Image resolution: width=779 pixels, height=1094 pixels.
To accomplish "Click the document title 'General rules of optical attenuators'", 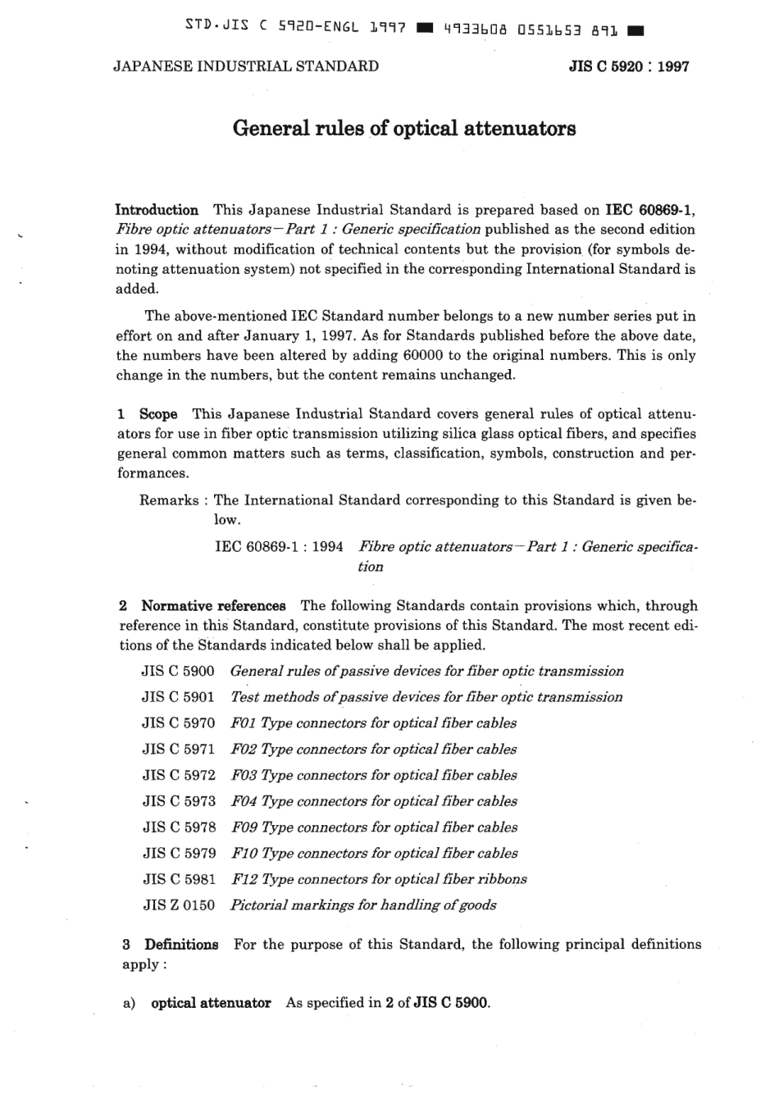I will pyautogui.click(x=404, y=129).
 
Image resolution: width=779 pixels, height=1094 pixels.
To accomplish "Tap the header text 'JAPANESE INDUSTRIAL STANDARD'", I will pyautogui.click(x=246, y=66).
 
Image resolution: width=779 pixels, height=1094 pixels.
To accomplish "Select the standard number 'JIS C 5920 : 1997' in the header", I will pyautogui.click(x=629, y=66).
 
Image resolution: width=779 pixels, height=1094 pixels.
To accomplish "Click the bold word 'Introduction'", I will pyautogui.click(x=157, y=210).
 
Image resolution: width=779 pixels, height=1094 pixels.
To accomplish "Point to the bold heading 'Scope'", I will pyautogui.click(x=158, y=414).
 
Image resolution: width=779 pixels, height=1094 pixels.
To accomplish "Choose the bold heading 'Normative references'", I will pyautogui.click(x=213, y=606).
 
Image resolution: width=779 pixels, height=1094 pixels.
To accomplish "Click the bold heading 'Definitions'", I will pyautogui.click(x=181, y=944).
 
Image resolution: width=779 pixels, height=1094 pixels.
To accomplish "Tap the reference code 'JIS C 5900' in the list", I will pyautogui.click(x=178, y=671).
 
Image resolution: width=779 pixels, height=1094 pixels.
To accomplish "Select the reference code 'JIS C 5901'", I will pyautogui.click(x=178, y=697).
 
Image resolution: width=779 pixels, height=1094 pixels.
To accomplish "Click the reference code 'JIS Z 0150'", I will pyautogui.click(x=178, y=905).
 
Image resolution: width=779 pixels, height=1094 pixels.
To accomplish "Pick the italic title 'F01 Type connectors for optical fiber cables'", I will pyautogui.click(x=374, y=723).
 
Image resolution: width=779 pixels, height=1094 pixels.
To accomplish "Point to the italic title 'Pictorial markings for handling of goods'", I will pyautogui.click(x=363, y=905).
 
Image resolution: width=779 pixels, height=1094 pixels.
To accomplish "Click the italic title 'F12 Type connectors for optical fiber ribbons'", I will pyautogui.click(x=379, y=879).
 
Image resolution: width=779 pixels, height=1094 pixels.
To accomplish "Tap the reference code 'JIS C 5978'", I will pyautogui.click(x=179, y=827).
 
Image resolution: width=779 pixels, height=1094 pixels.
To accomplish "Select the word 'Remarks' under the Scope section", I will pyautogui.click(x=169, y=500).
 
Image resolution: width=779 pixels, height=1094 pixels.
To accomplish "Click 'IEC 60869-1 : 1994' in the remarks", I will pyautogui.click(x=279, y=546).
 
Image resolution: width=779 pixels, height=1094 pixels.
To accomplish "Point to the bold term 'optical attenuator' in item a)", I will pyautogui.click(x=211, y=1003).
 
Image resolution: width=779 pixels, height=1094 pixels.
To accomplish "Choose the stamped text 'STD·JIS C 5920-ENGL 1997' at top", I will pyautogui.click(x=296, y=28).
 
